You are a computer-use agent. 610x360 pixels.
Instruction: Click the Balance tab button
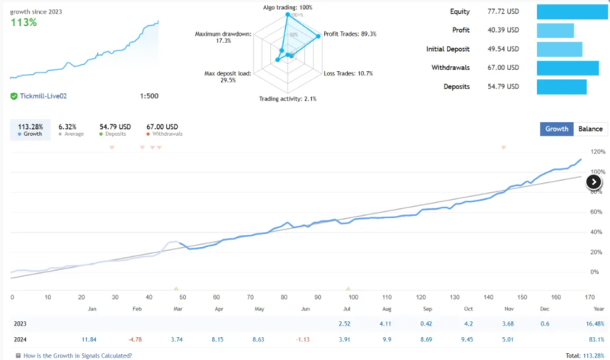pos(591,129)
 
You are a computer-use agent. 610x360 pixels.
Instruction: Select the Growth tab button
pos(557,129)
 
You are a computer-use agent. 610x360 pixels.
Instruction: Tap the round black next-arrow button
pos(594,182)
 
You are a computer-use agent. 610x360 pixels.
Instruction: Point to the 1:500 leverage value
pos(149,96)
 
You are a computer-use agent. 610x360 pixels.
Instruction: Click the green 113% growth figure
pos(24,22)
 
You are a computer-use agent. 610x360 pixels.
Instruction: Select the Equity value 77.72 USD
pos(502,11)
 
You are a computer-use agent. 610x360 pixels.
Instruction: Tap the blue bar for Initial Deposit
pos(559,50)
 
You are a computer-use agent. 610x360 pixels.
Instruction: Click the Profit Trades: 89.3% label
pos(349,34)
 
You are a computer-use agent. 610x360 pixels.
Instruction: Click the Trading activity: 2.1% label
pos(288,99)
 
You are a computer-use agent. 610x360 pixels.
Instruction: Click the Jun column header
pos(306,309)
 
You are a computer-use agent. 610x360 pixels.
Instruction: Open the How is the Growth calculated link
pos(77,355)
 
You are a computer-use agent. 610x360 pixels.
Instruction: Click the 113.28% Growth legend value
pos(30,126)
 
